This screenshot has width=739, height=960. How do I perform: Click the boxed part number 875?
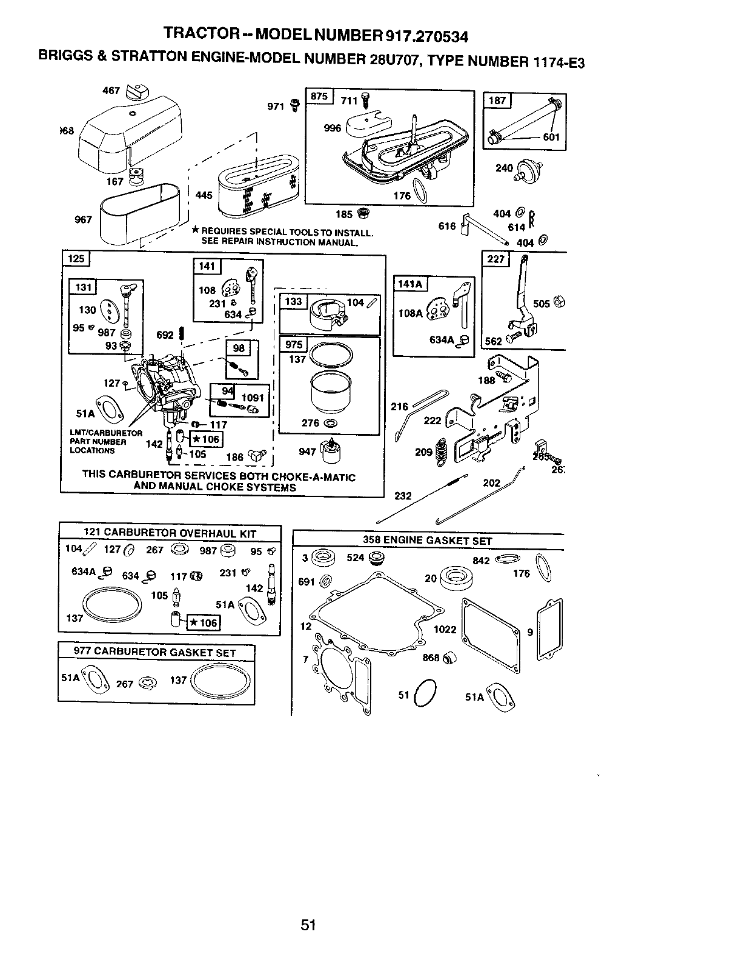click(319, 97)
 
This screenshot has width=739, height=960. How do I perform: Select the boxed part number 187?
click(497, 101)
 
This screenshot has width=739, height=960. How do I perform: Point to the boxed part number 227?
click(495, 259)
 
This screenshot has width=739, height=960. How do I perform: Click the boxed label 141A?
click(410, 284)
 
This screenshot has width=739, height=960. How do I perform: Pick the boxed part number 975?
click(294, 345)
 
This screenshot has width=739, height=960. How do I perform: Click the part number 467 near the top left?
click(112, 90)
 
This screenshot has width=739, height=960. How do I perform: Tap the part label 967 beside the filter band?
click(83, 219)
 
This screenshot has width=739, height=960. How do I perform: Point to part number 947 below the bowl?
click(307, 451)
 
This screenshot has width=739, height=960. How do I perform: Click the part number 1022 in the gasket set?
click(445, 629)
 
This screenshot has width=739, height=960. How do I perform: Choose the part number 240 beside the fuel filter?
click(504, 167)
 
